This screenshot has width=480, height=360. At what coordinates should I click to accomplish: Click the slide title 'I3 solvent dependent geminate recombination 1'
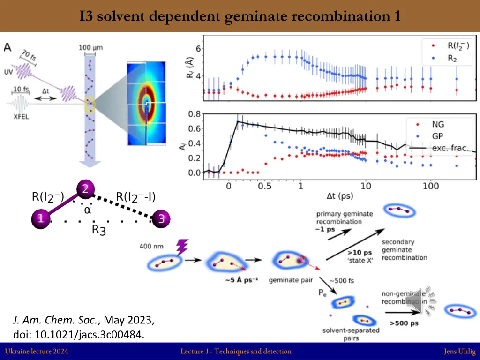tap(240, 16)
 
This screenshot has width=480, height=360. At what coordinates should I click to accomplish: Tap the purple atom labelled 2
tap(85, 189)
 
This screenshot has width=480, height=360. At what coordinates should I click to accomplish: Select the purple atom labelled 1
tap(41, 218)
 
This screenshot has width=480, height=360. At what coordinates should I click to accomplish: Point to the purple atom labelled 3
tap(161, 218)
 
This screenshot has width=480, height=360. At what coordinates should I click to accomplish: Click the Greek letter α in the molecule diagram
tap(87, 210)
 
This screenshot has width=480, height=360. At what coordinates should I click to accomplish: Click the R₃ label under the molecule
tap(98, 230)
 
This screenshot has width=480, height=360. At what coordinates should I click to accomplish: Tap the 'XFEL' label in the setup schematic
tap(21, 117)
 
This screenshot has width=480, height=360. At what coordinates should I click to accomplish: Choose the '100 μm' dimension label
tap(91, 47)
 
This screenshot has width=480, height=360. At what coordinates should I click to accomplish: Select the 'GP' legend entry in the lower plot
tap(437, 136)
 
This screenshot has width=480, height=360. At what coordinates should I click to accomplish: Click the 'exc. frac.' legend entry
tap(450, 148)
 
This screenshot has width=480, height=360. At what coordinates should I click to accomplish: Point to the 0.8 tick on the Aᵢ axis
tap(195, 113)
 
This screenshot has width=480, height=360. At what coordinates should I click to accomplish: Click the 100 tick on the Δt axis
tap(430, 186)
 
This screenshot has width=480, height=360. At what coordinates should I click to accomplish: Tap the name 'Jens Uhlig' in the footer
tap(459, 351)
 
